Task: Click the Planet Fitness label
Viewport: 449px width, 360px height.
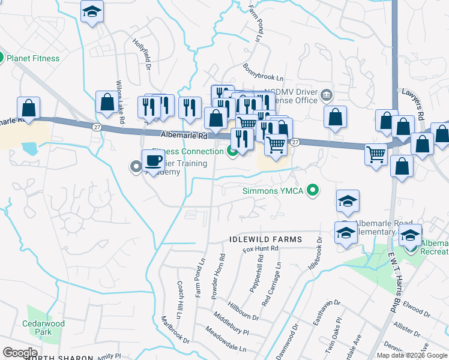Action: [x=33, y=59]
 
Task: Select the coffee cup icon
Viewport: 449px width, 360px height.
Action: [x=153, y=161]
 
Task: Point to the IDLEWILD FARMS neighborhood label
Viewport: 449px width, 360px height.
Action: [x=265, y=239]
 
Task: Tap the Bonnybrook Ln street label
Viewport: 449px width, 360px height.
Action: [x=263, y=74]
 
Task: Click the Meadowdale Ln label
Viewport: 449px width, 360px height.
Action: [x=226, y=339]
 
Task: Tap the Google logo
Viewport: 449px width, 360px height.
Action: [x=20, y=353]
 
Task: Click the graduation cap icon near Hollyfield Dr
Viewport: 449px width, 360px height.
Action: [x=92, y=11]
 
